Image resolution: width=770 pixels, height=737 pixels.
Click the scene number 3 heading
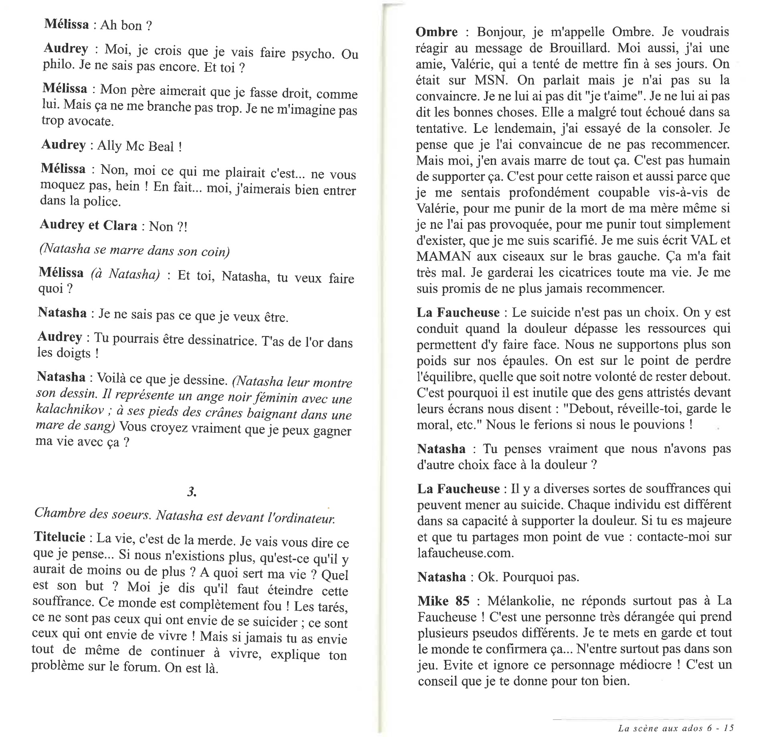pos(191,491)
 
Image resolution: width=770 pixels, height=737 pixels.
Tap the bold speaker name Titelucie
pos(59,537)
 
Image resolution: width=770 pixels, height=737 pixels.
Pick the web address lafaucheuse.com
pos(465,553)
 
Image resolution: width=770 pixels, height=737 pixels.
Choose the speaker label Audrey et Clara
pos(88,225)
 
